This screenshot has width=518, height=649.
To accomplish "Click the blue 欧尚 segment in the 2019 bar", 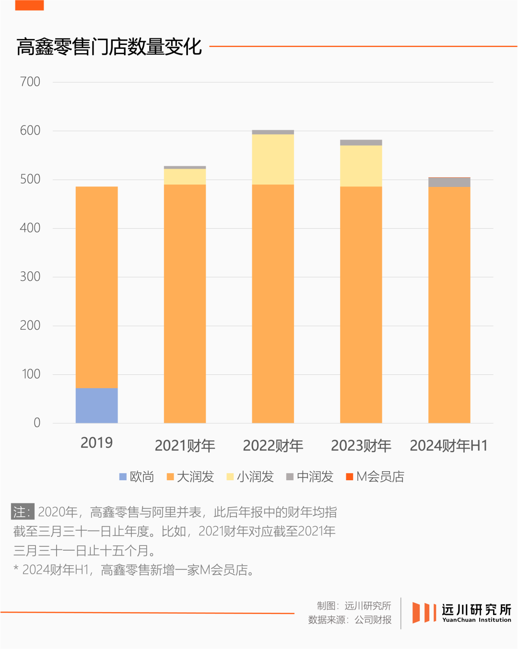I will click(96, 405).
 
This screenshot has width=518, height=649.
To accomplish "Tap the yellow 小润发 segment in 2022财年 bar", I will click(273, 159).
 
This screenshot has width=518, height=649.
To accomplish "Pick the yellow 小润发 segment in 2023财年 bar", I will click(361, 166).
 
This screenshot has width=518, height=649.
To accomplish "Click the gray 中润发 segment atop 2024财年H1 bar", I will click(449, 183).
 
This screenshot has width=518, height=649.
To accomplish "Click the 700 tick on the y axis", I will click(30, 82).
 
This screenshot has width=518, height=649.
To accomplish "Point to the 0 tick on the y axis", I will click(37, 423).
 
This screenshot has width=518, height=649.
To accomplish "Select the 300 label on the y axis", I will click(30, 277).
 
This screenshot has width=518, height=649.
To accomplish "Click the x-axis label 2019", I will click(96, 442).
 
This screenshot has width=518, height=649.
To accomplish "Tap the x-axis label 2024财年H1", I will click(448, 446).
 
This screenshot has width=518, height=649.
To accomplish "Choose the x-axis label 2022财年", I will click(273, 446).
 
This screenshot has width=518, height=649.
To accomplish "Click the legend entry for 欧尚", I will click(137, 476).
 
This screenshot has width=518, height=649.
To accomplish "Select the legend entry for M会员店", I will click(375, 476).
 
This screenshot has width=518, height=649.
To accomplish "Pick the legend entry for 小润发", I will click(250, 476).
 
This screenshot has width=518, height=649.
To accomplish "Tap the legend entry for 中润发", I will click(310, 476).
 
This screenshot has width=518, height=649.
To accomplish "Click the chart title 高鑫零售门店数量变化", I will click(109, 47).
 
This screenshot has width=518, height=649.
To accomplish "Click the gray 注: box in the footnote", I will click(23, 512).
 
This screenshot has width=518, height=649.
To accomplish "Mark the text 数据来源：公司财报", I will click(350, 620).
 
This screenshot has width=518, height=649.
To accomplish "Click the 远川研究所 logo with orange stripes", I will click(462, 613).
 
